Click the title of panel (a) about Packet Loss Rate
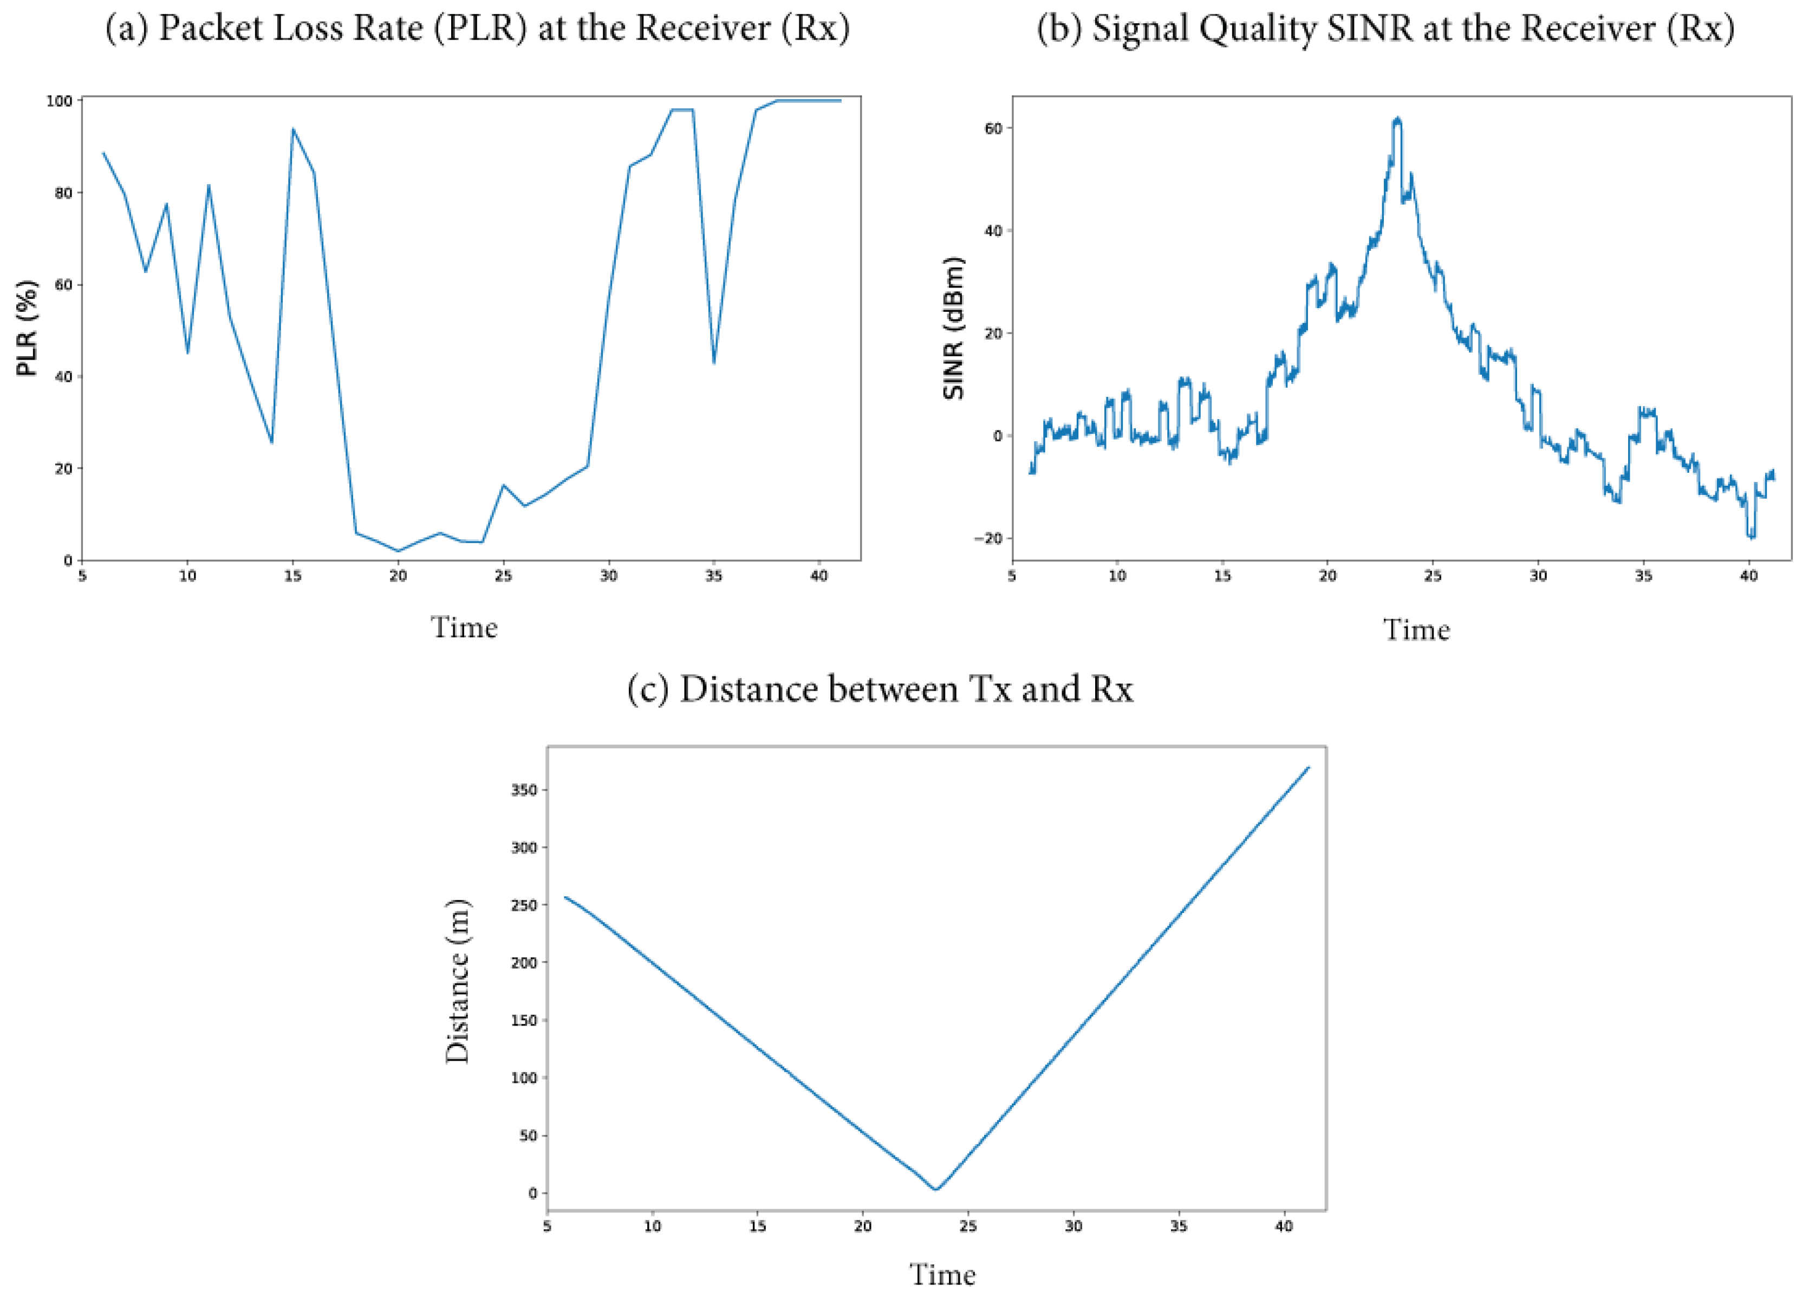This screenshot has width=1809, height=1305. [x=477, y=29]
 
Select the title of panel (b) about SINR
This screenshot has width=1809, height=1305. [x=1385, y=29]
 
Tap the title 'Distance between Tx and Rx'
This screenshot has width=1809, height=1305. [x=879, y=689]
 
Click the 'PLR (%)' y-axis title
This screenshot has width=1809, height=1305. [x=27, y=328]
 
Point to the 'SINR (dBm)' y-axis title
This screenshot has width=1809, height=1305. [x=954, y=328]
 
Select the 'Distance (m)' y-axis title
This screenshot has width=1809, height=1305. [x=458, y=981]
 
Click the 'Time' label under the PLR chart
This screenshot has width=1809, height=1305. [x=464, y=628]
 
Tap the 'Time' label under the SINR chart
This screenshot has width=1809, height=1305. [x=1416, y=630]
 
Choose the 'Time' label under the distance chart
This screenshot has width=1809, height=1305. [x=943, y=1275]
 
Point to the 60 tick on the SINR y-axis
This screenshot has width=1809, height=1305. [x=992, y=128]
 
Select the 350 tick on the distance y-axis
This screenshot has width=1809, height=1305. [x=524, y=789]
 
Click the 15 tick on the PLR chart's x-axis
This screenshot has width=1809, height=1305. [x=292, y=577]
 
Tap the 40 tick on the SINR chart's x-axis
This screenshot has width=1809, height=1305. [x=1748, y=577]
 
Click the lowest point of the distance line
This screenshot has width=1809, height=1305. [x=936, y=1189]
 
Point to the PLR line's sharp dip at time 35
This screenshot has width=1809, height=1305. [x=714, y=363]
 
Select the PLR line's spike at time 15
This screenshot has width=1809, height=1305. [x=292, y=129]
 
